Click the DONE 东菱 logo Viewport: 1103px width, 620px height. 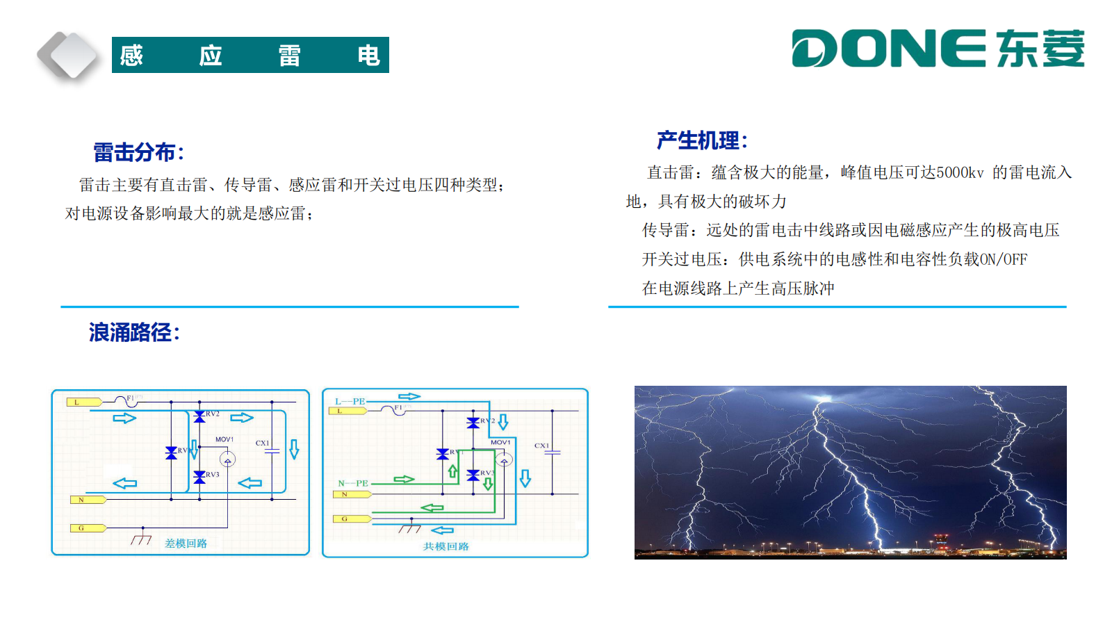point(938,49)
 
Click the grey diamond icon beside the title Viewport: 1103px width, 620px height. point(67,56)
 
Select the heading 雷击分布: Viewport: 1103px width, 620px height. point(138,152)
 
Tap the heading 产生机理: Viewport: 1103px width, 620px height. point(702,140)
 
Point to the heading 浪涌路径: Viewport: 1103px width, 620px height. point(134,332)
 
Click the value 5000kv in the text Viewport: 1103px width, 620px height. point(960,172)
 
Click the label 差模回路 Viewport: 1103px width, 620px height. point(186,543)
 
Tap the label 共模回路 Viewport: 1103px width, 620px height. point(446,546)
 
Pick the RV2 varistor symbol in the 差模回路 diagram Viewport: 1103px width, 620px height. point(199,416)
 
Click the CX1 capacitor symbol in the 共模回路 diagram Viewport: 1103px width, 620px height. point(553,452)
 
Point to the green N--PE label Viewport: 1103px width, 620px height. point(353,483)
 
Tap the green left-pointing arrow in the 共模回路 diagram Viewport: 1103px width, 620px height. point(432,508)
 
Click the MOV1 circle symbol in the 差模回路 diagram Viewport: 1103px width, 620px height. point(227,459)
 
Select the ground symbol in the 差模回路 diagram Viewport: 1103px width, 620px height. point(141,539)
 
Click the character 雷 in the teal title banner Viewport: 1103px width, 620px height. point(289,55)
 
